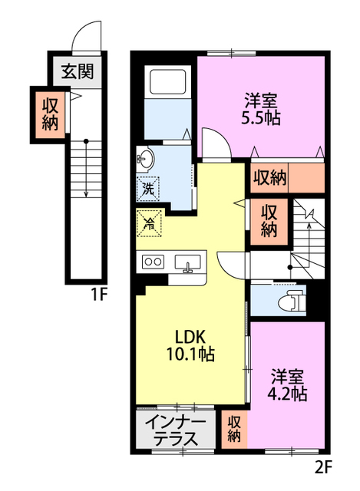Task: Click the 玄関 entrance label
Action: coord(78,73)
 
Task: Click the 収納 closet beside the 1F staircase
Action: coord(50,114)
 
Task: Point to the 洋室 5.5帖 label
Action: coord(261,110)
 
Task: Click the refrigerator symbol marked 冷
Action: coord(149,223)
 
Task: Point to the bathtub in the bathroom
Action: coord(165,81)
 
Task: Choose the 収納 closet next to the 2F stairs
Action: coord(268,220)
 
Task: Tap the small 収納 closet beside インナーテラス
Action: coord(235,430)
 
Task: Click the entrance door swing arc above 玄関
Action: coord(87,35)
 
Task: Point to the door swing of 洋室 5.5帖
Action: coord(214,144)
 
